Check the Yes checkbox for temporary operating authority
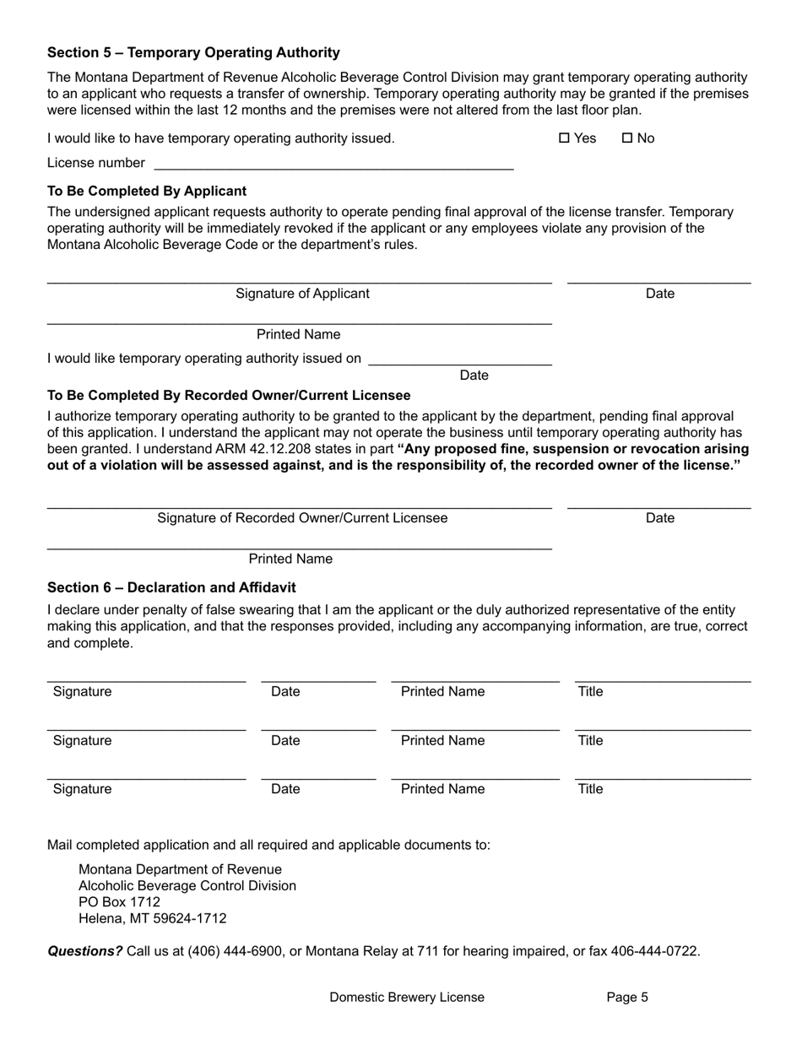pos(565,138)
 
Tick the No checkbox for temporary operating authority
pos(627,138)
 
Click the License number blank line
pos(333,164)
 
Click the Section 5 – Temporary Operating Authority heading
pos(193,52)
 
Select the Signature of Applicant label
pos(302,294)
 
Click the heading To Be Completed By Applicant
pos(147,191)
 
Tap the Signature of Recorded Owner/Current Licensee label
pos(302,518)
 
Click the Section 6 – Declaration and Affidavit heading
pos(171,587)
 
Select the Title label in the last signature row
pos(590,789)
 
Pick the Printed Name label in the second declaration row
pos(442,741)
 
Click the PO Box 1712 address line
pos(119,902)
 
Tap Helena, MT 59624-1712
pos(152,919)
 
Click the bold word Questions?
pos(84,951)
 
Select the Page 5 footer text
pos(627,997)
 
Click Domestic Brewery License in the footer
pos(407,997)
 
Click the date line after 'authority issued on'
pos(460,360)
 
